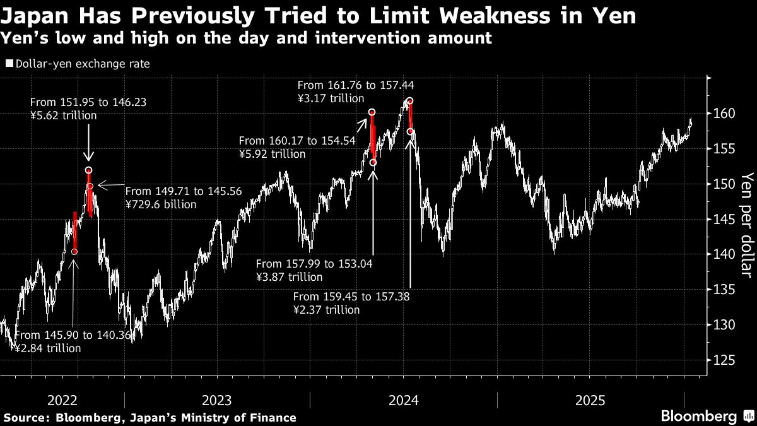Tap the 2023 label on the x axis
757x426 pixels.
pos(216,400)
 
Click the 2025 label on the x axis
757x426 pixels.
pos(590,400)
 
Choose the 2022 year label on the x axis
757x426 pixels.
pos(62,400)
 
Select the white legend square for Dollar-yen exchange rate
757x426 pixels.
pos(9,64)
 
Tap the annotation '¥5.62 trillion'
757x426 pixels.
pos(64,115)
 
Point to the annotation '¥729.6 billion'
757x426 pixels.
pos(161,204)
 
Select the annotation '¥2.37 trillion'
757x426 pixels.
pos(327,310)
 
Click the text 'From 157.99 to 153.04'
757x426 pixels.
pos(314,264)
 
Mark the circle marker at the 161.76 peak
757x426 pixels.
pos(410,101)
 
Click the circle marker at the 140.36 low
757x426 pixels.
pos(74,252)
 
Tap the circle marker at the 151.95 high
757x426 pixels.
pos(88,170)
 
